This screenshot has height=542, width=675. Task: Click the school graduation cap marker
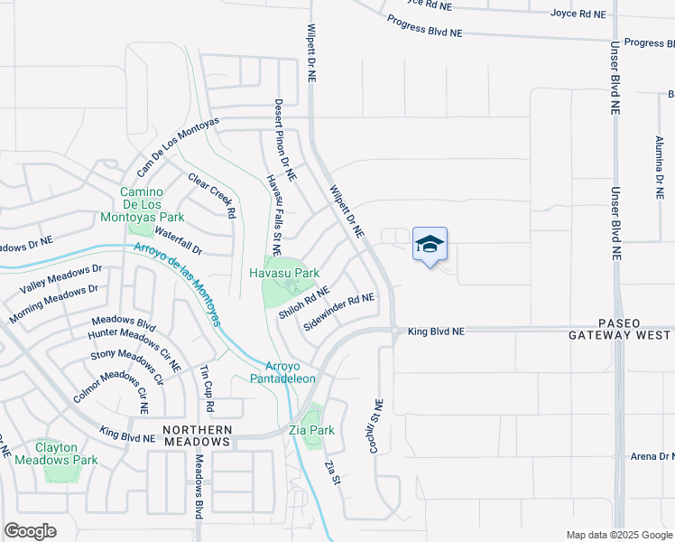tap(430, 244)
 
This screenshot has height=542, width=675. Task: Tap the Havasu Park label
tap(285, 272)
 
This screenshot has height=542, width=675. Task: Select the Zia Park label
tap(312, 430)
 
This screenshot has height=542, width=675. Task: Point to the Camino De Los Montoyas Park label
tap(153, 204)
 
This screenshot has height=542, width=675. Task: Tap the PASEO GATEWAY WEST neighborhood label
tap(619, 329)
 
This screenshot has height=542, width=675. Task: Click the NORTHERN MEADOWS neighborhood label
tap(197, 435)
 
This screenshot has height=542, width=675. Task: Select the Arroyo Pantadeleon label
tap(290, 372)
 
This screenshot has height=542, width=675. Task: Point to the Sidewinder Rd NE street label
tap(339, 311)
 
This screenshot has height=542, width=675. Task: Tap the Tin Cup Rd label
tap(207, 384)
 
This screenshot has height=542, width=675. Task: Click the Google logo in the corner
tap(31, 531)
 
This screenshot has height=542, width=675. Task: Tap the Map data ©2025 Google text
tap(618, 535)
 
